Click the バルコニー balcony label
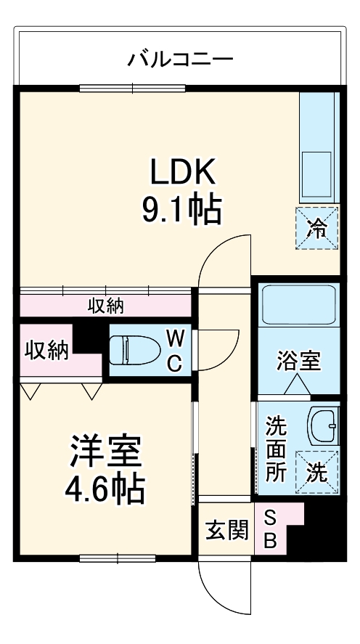pyautogui.click(x=181, y=58)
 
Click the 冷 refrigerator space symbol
pyautogui.click(x=316, y=228)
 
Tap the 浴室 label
pyautogui.click(x=298, y=361)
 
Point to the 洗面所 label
pyautogui.click(x=276, y=447)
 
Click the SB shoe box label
pyautogui.click(x=270, y=529)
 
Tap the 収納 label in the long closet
pyautogui.click(x=106, y=306)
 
